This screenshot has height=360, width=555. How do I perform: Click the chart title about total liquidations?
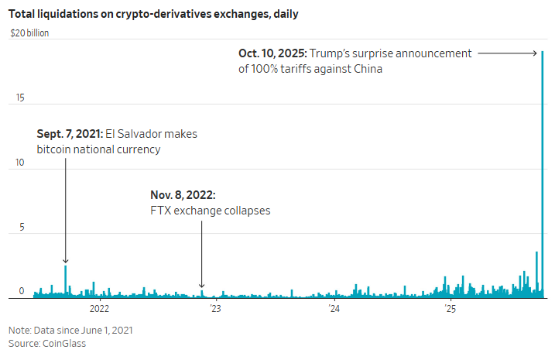coord(154,14)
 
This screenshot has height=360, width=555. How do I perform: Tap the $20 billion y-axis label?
coord(29,33)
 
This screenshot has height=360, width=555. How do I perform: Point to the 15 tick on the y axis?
coord(21,98)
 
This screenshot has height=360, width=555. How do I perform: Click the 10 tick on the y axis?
coord(21,163)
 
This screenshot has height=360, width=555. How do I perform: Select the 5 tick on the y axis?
coord(22,228)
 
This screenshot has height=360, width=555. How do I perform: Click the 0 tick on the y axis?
coord(22,292)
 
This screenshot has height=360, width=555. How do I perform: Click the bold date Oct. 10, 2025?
coord(272,53)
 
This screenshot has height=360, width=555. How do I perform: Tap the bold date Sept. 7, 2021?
coord(69,134)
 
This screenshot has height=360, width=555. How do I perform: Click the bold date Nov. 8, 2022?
coord(182,195)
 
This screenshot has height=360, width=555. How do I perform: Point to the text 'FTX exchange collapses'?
coord(210,210)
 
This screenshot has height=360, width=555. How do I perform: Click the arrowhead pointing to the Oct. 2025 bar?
coord(534,53)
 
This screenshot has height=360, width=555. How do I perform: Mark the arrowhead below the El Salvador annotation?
coord(66,262)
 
